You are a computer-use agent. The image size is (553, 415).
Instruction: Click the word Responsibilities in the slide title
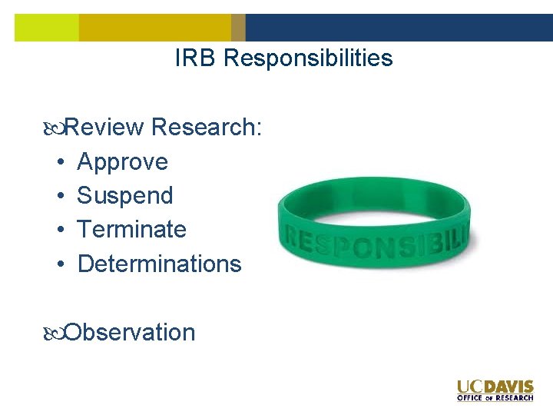(x=308, y=58)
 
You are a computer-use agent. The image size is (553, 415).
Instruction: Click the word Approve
(x=122, y=162)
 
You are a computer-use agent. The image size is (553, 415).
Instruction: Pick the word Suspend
(x=125, y=196)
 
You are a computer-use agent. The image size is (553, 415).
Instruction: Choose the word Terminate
(x=131, y=230)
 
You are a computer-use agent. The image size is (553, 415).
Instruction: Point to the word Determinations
(x=159, y=264)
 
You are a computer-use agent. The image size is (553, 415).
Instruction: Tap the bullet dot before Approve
(x=59, y=163)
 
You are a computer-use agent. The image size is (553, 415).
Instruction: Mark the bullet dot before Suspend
(x=59, y=197)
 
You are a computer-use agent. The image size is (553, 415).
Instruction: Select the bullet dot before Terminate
(x=59, y=231)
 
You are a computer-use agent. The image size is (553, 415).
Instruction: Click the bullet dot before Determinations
(x=59, y=264)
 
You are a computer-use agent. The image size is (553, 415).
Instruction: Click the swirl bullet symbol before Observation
(x=53, y=333)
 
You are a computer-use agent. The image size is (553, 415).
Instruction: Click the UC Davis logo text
(x=495, y=387)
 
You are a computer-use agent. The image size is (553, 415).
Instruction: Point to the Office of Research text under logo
(x=495, y=398)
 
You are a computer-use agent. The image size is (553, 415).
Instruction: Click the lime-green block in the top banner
(x=46, y=28)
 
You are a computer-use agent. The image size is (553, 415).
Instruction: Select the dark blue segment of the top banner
(x=399, y=28)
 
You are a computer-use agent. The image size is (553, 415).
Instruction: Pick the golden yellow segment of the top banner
(x=154, y=28)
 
